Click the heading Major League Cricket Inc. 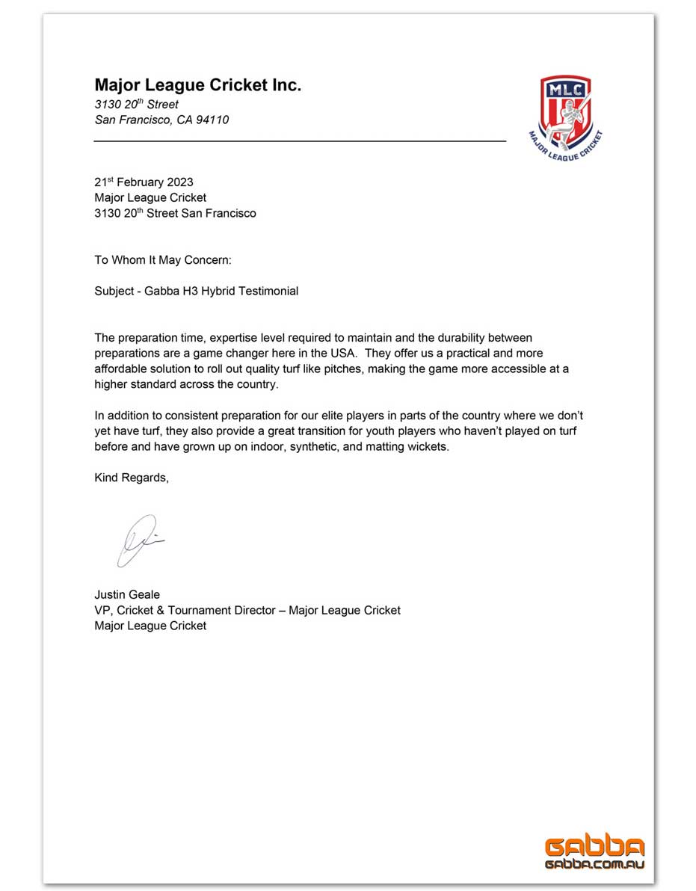click(x=197, y=85)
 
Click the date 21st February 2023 click(x=144, y=182)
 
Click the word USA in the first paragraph click(x=344, y=353)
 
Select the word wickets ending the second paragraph click(x=427, y=446)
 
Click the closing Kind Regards click(x=132, y=478)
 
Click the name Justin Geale click(x=127, y=595)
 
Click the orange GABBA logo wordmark click(x=594, y=847)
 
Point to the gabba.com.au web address click(x=594, y=864)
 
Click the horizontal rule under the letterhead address click(x=299, y=141)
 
